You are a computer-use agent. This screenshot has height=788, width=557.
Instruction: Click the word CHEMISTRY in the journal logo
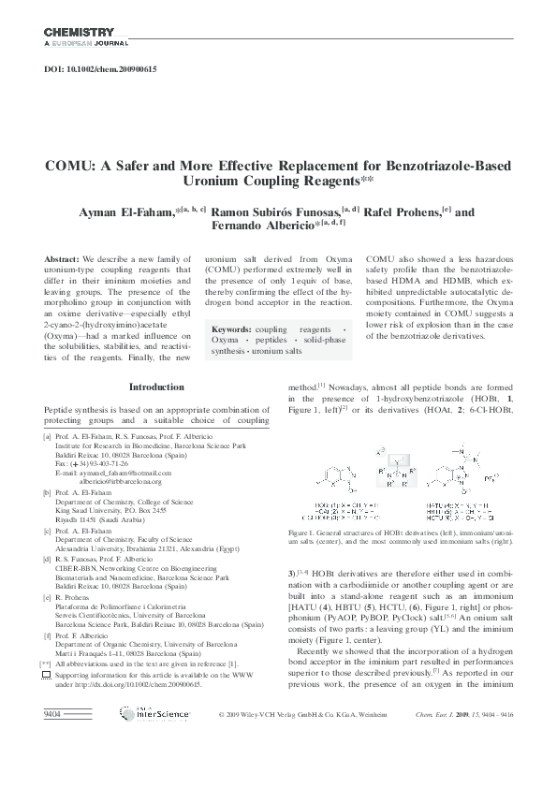pos(79,32)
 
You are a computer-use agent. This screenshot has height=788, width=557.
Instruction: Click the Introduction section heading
pos(156,386)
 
